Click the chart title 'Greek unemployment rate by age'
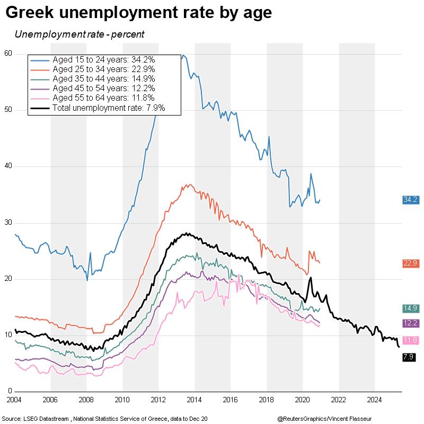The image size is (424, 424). (x=139, y=13)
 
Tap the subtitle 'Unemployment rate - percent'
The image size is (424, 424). (x=79, y=34)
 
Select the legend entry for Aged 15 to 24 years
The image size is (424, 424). (x=104, y=59)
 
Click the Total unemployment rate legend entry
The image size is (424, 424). (x=109, y=108)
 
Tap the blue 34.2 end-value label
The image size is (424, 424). (x=411, y=200)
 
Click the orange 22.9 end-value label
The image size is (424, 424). (x=411, y=263)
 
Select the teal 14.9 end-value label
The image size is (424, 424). (x=411, y=308)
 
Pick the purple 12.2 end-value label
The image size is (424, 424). (x=411, y=323)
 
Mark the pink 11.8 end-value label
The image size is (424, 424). (x=411, y=340)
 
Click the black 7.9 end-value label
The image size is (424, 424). (x=409, y=358)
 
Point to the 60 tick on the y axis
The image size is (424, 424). (x=7, y=54)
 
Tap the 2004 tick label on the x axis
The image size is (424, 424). (x=14, y=399)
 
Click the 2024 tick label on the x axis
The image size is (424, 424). (x=375, y=399)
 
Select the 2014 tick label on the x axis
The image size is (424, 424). (x=195, y=399)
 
